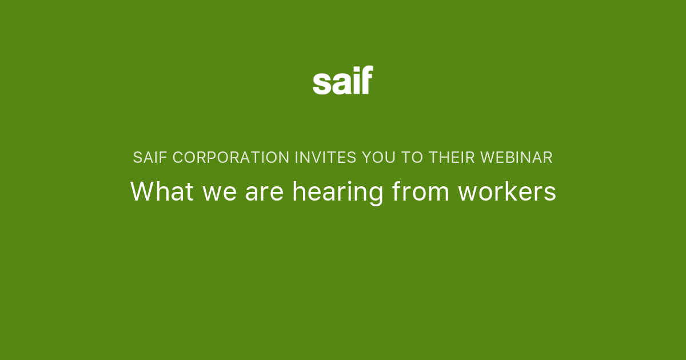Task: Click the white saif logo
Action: click(x=343, y=81)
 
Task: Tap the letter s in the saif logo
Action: click(x=321, y=83)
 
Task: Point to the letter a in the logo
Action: click(x=338, y=83)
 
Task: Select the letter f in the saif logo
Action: click(x=366, y=80)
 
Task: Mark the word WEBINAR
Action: click(x=517, y=158)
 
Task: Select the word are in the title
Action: click(x=265, y=193)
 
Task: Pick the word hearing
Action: click(x=338, y=193)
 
